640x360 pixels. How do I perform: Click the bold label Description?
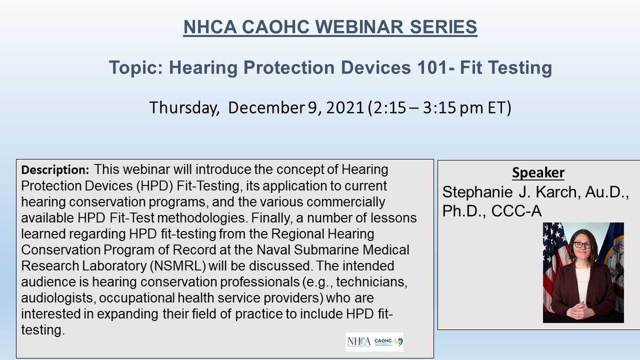[55, 171]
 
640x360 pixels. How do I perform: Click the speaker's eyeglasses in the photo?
[582, 245]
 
